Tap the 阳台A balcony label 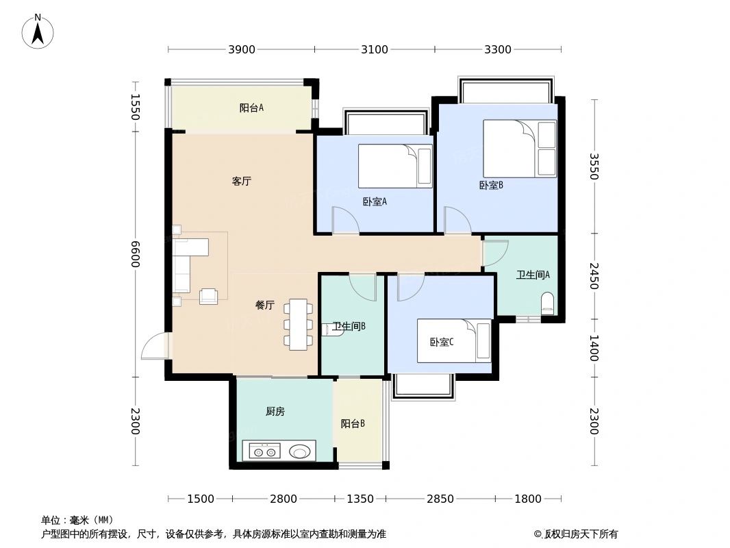coord(251,108)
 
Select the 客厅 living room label coord(241,182)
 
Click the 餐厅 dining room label coord(265,306)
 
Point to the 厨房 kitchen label coord(275,411)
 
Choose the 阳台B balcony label coord(353,424)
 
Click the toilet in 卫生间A coord(547,303)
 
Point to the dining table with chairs coord(299,324)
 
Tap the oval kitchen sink coord(299,451)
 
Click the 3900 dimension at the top coord(242,49)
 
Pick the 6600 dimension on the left coord(136,254)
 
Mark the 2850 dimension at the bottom coord(440,499)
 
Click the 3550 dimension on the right coord(593,166)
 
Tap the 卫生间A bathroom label coord(533,275)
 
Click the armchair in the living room coord(208,296)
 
